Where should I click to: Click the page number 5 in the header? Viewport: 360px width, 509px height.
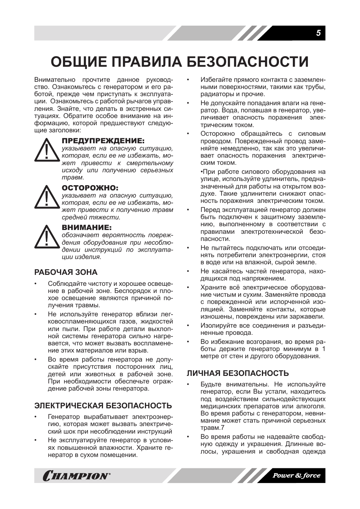point(318,33)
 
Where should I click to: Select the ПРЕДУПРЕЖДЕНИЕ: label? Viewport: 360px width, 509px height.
point(103,141)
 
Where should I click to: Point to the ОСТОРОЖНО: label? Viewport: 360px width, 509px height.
point(90,188)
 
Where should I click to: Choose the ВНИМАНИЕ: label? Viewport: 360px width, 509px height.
point(87,228)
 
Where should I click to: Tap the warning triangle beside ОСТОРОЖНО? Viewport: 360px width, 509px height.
point(47,198)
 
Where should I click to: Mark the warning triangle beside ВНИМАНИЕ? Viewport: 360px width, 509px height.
point(47,238)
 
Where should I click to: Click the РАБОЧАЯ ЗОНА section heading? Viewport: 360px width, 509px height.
point(66,272)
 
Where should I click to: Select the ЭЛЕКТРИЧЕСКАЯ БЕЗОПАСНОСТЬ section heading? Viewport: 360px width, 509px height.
point(103,406)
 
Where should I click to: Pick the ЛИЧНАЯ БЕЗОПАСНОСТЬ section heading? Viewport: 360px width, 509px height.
point(238,373)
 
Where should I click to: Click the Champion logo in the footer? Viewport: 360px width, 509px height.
point(77,476)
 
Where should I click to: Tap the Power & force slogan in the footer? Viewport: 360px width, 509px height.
point(296,475)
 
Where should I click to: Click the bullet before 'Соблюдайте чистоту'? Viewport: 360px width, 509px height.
point(36,284)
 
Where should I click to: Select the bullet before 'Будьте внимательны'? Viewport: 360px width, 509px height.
point(188,385)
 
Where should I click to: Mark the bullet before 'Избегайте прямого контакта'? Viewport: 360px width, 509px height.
point(188,80)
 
